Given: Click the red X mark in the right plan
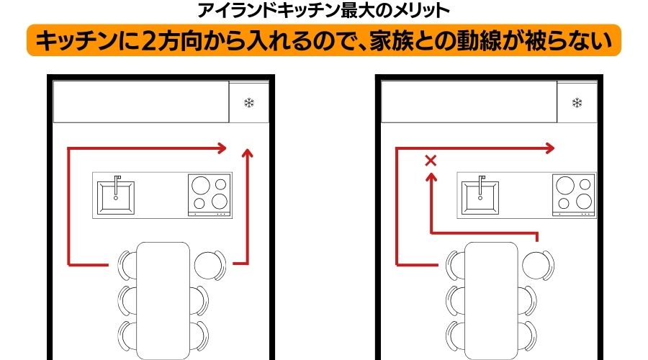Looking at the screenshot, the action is (x=431, y=161).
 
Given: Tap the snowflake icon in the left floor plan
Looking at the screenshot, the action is (x=249, y=102).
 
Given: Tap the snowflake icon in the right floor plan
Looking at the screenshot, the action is (x=577, y=102).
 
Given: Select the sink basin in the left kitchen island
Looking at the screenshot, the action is (x=116, y=197).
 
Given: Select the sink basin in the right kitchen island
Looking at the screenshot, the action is (x=480, y=197).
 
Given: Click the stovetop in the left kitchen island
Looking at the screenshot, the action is (x=210, y=195).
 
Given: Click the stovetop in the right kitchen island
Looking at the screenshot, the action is (x=574, y=195).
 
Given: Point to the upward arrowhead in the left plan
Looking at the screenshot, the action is (x=248, y=153).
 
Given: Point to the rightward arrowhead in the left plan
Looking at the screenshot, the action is (x=222, y=148).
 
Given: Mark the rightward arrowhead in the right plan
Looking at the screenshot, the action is (x=549, y=148).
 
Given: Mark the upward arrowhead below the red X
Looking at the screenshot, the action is (x=431, y=178).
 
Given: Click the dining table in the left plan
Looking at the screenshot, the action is (x=163, y=300).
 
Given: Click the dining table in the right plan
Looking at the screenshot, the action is (x=491, y=300).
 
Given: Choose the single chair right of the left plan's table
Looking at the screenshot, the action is (x=210, y=265).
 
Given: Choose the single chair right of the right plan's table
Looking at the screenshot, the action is (x=538, y=265).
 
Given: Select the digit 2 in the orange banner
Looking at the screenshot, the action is (x=148, y=41).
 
